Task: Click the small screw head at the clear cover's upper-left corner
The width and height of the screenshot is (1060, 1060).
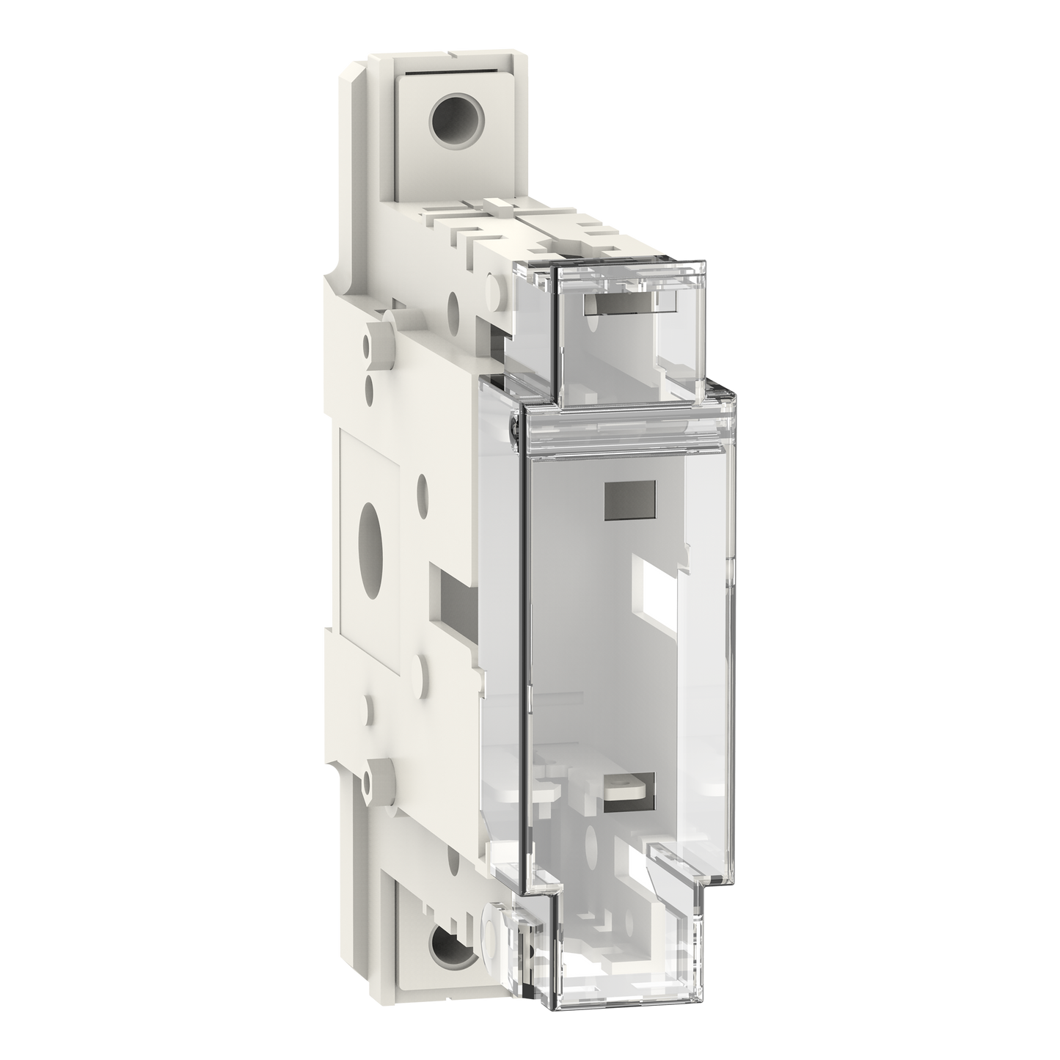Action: (515, 424)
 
